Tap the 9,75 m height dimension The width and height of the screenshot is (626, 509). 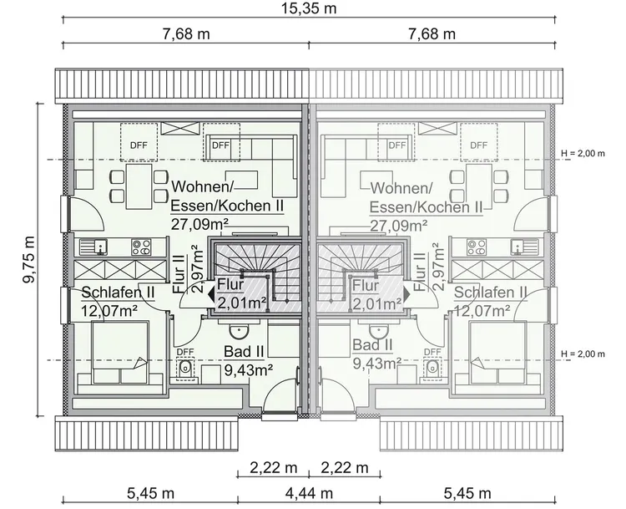click(x=29, y=260)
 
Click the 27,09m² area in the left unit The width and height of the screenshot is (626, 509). click(x=200, y=223)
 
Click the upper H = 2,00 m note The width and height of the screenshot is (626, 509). click(x=593, y=155)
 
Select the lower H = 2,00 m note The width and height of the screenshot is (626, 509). click(x=593, y=354)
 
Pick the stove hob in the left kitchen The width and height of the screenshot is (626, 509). click(x=140, y=247)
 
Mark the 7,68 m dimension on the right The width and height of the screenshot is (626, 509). click(x=432, y=34)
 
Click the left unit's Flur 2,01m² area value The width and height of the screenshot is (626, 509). click(x=241, y=302)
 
